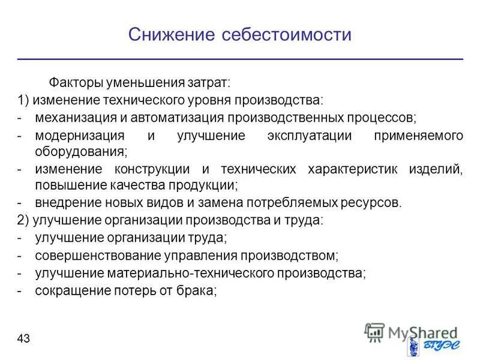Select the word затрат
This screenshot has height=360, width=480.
coord(211,81)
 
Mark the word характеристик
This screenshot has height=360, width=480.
coord(345,170)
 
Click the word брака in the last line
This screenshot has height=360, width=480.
coord(197,291)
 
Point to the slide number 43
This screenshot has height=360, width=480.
coord(23,339)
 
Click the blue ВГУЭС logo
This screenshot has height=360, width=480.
coord(431,346)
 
